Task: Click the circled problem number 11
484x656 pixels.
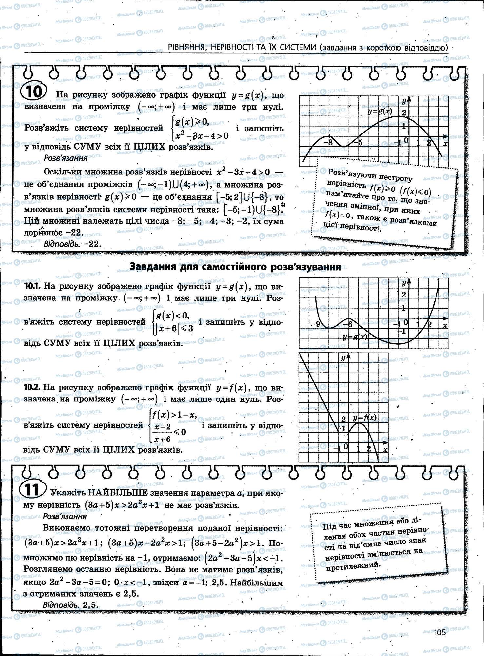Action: pos(33,491)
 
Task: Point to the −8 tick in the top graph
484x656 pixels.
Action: pos(328,143)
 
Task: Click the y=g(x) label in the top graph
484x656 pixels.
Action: pos(379,112)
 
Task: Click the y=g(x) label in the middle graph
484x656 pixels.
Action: pos(355,337)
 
